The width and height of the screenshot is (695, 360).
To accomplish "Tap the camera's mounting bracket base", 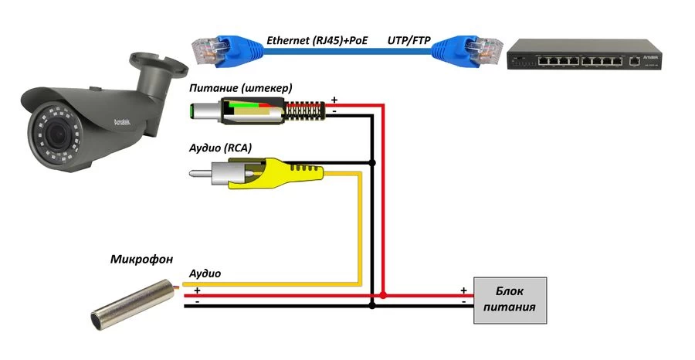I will coord(151,62).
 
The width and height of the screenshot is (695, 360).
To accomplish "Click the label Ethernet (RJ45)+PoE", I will coord(317,39).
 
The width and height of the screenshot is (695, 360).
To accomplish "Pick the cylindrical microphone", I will coord(135,303).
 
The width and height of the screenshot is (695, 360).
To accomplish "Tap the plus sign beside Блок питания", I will coord(463,290).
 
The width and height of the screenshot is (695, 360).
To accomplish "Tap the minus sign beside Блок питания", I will coord(463,302).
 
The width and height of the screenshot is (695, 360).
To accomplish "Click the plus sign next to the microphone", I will coord(197,290).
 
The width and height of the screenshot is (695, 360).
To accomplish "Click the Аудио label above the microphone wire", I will coord(205,273).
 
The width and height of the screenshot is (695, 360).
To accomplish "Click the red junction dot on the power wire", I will coord(384,295).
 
